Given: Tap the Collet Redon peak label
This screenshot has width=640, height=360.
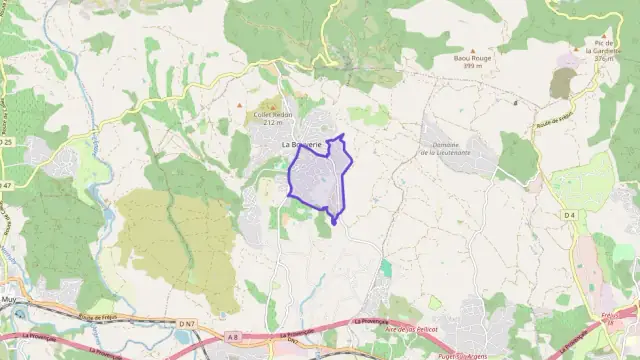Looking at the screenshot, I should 270,118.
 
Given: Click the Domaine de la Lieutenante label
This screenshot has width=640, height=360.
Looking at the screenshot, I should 445,149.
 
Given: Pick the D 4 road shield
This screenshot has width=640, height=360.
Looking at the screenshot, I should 569,215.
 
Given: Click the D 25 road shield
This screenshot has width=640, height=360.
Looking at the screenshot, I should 8,143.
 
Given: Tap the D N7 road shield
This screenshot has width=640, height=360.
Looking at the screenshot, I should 187,323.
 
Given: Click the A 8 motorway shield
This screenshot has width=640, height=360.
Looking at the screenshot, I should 234,337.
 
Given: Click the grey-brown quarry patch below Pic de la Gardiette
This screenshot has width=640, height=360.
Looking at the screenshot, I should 563,82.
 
